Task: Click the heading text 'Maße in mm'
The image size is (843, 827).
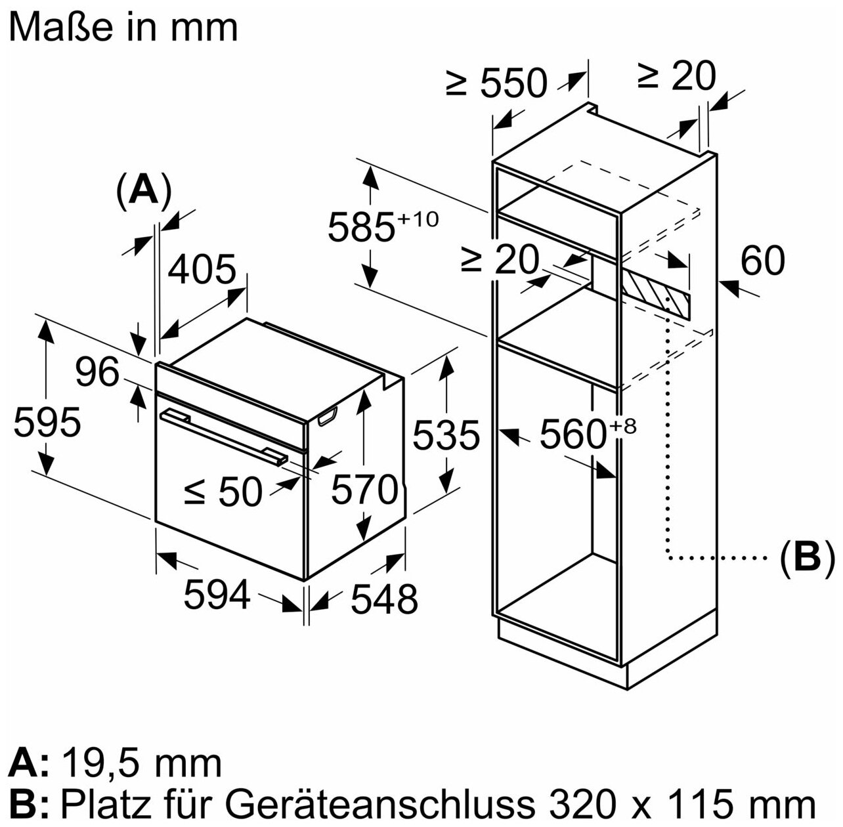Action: [124, 28]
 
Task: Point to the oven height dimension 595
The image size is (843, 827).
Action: [47, 421]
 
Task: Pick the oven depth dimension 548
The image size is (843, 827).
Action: [384, 599]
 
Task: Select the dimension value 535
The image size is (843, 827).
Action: [446, 435]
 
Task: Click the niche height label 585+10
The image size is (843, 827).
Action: [381, 227]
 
